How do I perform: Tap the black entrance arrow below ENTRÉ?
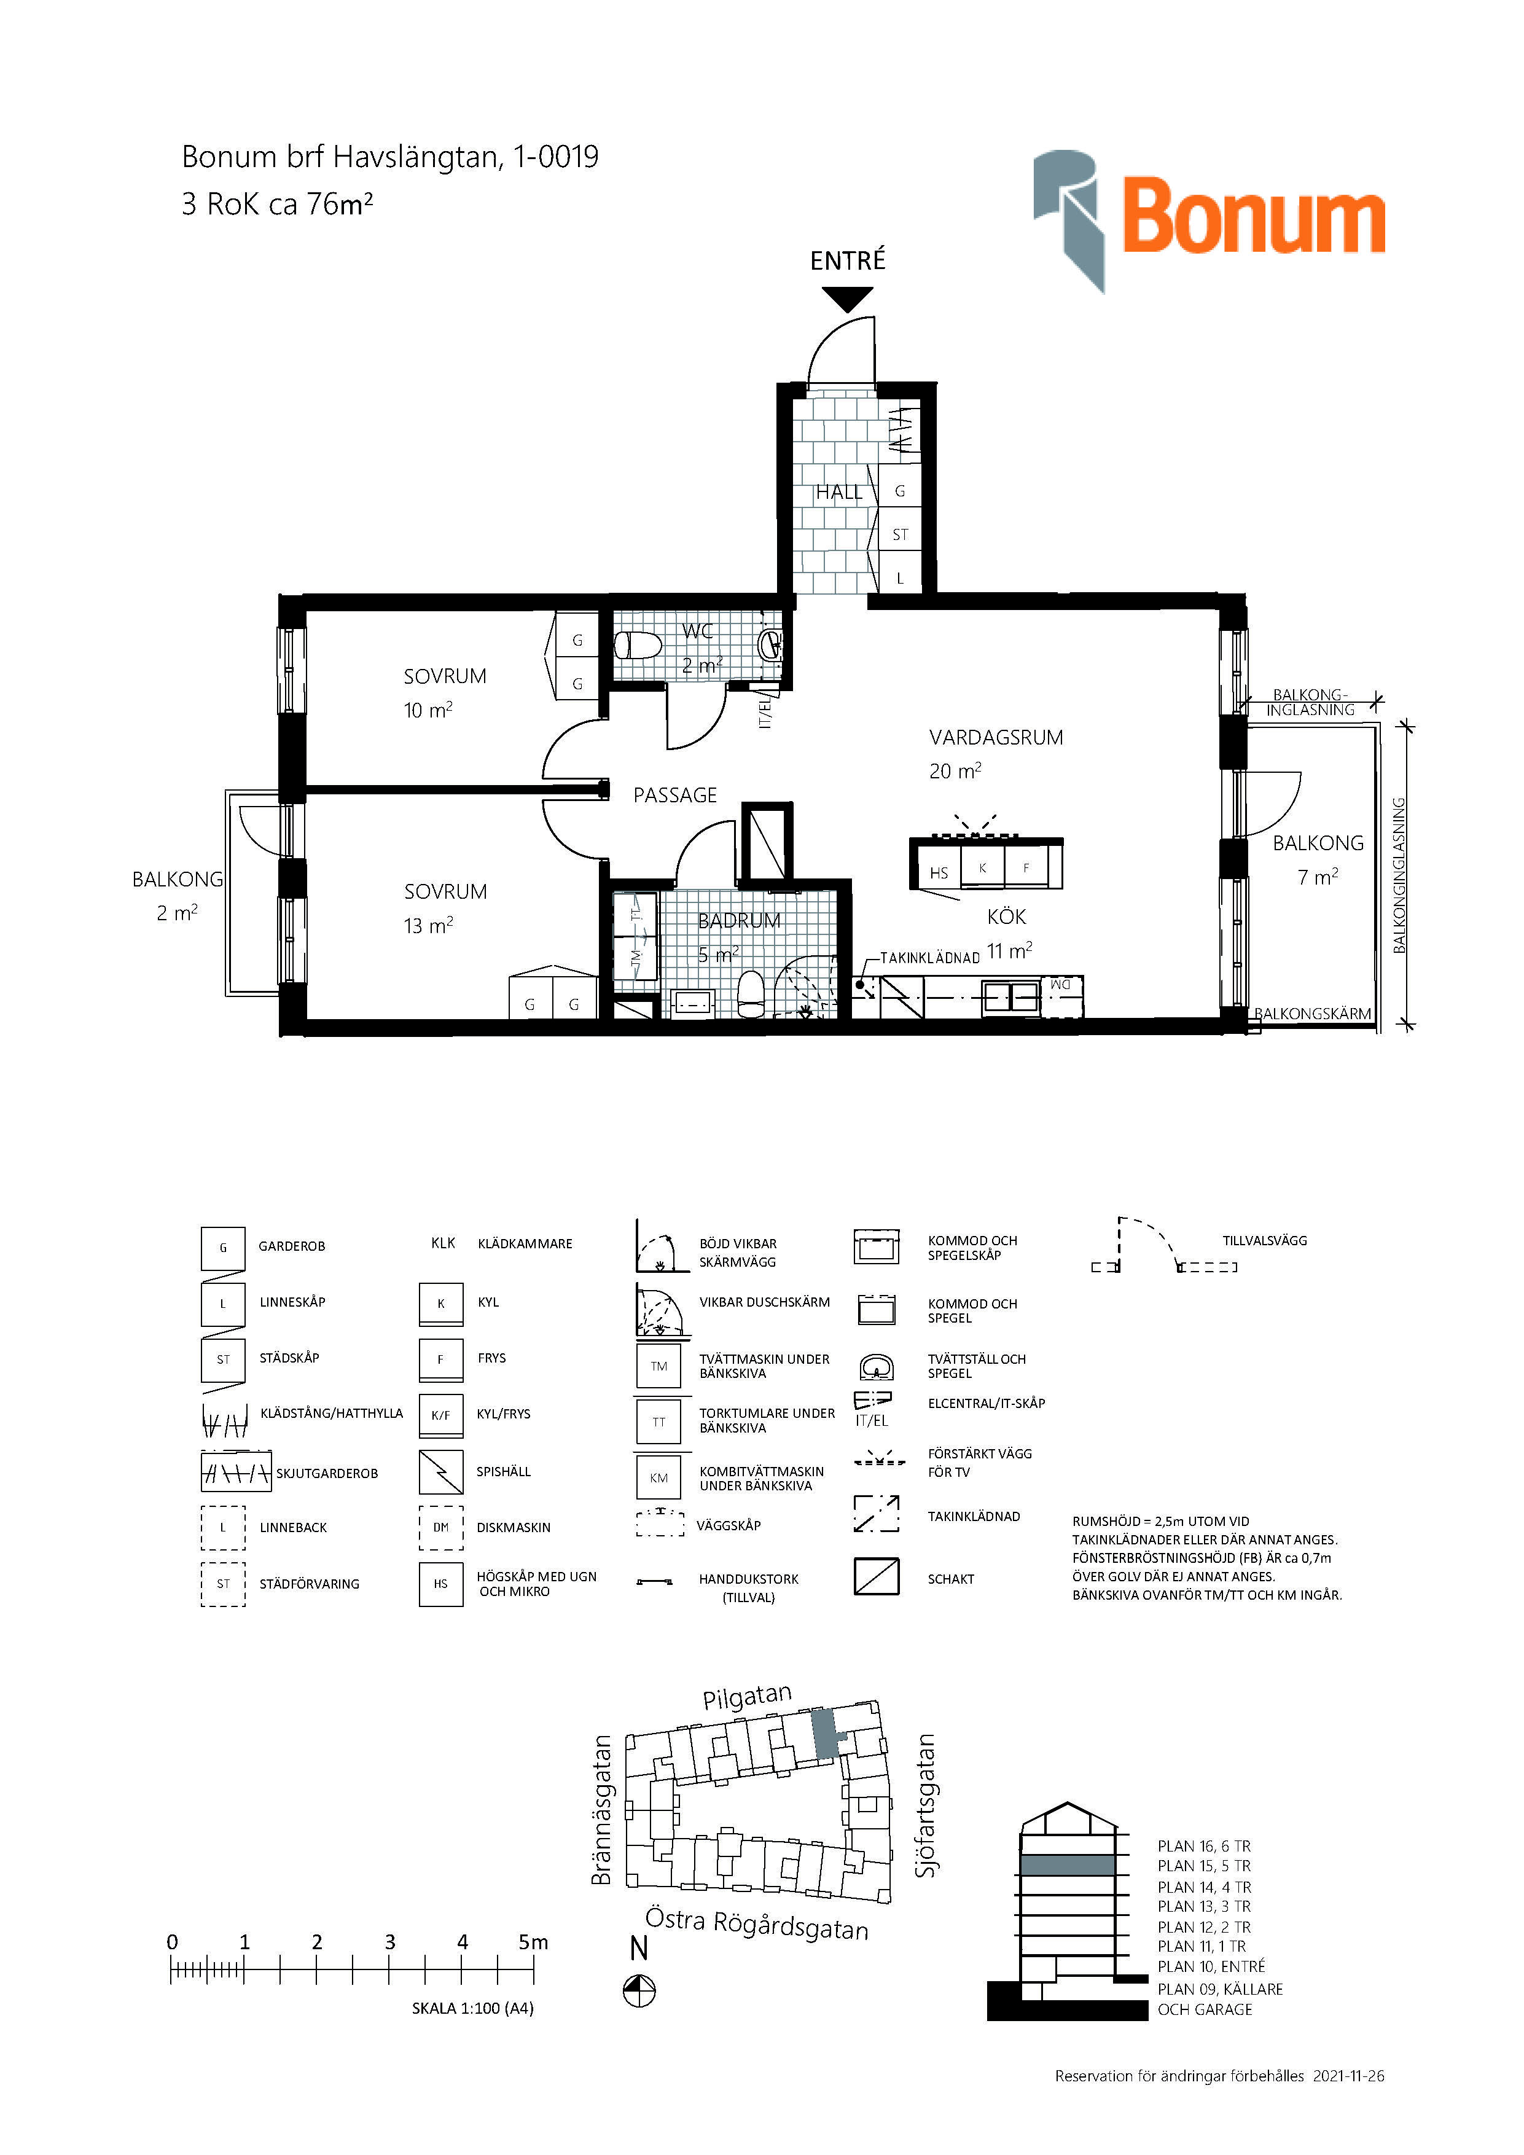point(848,299)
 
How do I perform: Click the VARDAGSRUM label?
point(996,738)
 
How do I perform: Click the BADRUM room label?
point(740,921)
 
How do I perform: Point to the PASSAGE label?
point(674,795)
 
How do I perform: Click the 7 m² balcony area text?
point(1318,877)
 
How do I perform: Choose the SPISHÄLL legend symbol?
point(441,1472)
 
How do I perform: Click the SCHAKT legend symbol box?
point(877,1577)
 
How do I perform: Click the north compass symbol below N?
point(639,1991)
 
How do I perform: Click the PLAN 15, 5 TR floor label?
point(1204,1866)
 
